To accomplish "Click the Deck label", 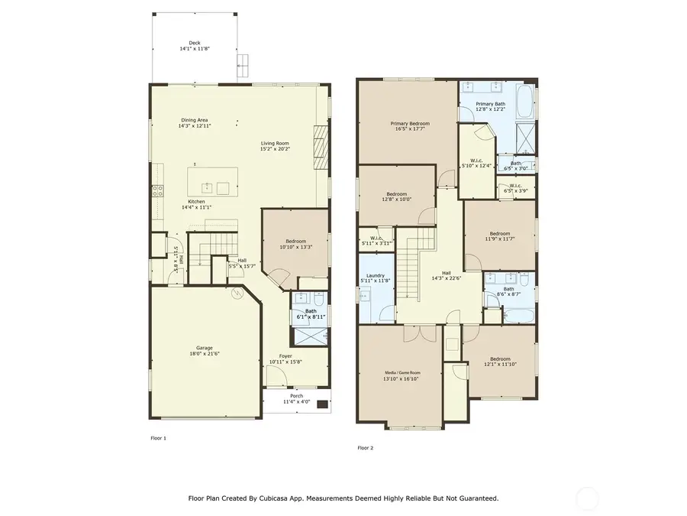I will (194, 43).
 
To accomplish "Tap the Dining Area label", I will (194, 119).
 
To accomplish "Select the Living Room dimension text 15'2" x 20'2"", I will (275, 149).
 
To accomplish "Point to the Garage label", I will (204, 348).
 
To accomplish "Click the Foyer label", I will (285, 356).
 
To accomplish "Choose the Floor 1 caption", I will (158, 439).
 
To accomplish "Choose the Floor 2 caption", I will (366, 447).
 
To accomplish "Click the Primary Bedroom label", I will (410, 123).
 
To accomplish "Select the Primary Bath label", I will (491, 103).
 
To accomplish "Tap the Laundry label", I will (375, 275).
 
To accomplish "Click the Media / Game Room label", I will (402, 372).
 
